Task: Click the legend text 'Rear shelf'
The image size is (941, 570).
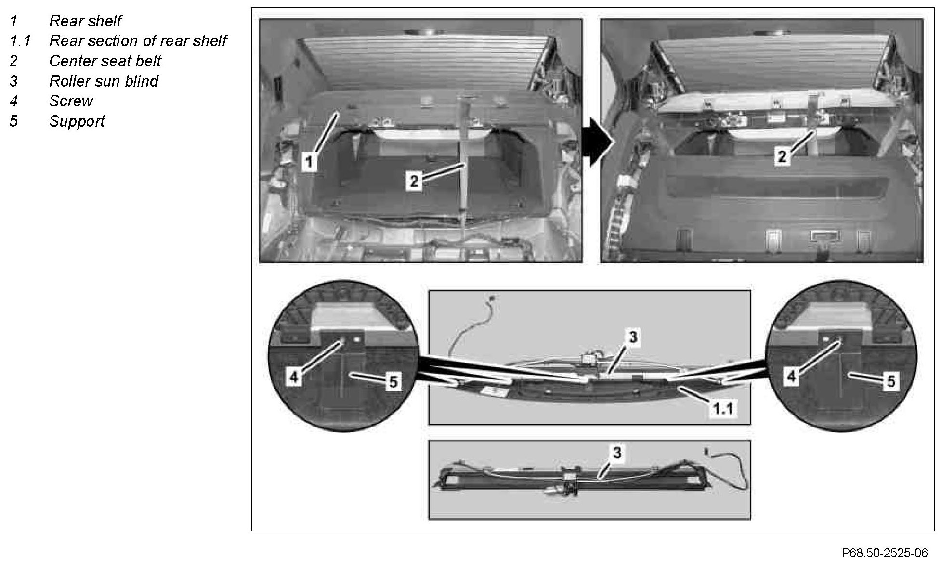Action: pyautogui.click(x=85, y=21)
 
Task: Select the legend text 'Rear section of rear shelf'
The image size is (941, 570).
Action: pyautogui.click(x=138, y=41)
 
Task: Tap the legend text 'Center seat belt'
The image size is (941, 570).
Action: pyautogui.click(x=105, y=61)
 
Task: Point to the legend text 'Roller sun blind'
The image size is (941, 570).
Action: pyautogui.click(x=104, y=81)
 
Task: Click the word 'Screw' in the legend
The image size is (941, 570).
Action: pyautogui.click(x=71, y=101)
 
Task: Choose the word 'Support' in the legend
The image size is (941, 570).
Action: pyautogui.click(x=77, y=121)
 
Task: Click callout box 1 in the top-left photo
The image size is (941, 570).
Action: pyautogui.click(x=309, y=162)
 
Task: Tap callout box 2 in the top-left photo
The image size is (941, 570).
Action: pyautogui.click(x=414, y=181)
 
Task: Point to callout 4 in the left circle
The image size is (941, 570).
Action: pyautogui.click(x=294, y=376)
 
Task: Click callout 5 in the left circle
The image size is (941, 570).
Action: pyautogui.click(x=393, y=382)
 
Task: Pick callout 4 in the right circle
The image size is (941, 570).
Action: pyautogui.click(x=791, y=376)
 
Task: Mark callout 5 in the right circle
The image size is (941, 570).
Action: pyautogui.click(x=890, y=381)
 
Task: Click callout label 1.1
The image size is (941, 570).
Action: pyautogui.click(x=723, y=409)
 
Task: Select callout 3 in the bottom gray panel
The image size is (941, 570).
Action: pyautogui.click(x=617, y=453)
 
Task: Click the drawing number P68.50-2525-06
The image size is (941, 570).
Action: pyautogui.click(x=885, y=553)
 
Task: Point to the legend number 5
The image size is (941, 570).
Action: pyautogui.click(x=13, y=121)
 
